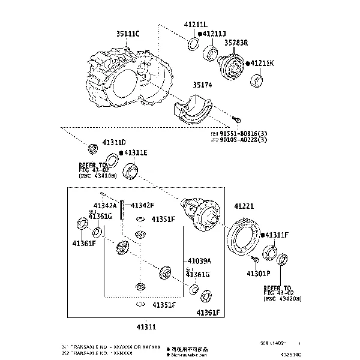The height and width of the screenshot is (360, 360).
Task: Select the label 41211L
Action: [x=195, y=25]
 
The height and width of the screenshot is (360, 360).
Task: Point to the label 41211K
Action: [x=262, y=62]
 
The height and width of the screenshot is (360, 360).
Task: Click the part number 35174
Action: [x=202, y=85]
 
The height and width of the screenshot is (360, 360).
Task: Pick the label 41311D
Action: [x=113, y=142]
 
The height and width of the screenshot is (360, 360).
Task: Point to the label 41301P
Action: [x=259, y=274]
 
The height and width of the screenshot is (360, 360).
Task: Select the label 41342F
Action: [x=142, y=205]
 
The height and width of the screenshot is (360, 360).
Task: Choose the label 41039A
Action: [x=199, y=261]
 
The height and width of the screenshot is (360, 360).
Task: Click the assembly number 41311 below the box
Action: [x=146, y=327]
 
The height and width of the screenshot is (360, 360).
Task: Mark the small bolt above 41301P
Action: [x=254, y=259]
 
